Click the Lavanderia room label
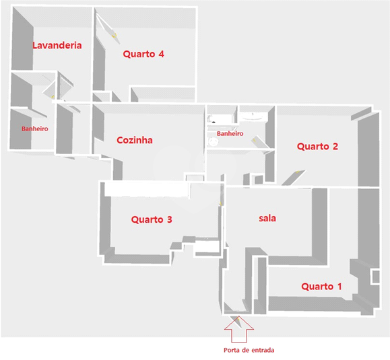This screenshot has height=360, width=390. tap(57, 45)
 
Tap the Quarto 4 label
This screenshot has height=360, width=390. tap(143, 54)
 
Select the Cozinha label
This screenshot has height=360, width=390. tap(135, 140)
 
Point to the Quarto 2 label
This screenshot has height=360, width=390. tap(317, 146)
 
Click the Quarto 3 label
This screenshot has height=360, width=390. tap(152, 219)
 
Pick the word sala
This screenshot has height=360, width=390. tap(267, 218)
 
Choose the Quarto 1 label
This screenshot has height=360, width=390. tap(321, 287)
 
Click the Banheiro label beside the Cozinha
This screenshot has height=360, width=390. tap(230, 133)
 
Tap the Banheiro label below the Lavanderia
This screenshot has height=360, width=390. tap(35, 129)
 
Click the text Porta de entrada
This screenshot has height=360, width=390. tap(249, 350)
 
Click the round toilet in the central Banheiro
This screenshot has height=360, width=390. tap(213, 142)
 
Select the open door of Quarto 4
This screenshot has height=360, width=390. tap(108, 28)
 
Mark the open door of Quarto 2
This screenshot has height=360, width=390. tap(293, 178)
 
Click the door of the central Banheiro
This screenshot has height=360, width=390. tap(260, 142)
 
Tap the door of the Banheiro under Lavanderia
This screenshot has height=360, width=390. tap(49, 90)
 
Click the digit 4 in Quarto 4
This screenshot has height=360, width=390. tap(162, 54)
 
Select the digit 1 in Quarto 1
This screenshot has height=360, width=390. tap(339, 287)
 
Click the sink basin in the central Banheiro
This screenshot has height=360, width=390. tap(253, 116)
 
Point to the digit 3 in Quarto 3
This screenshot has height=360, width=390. tap(169, 219)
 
